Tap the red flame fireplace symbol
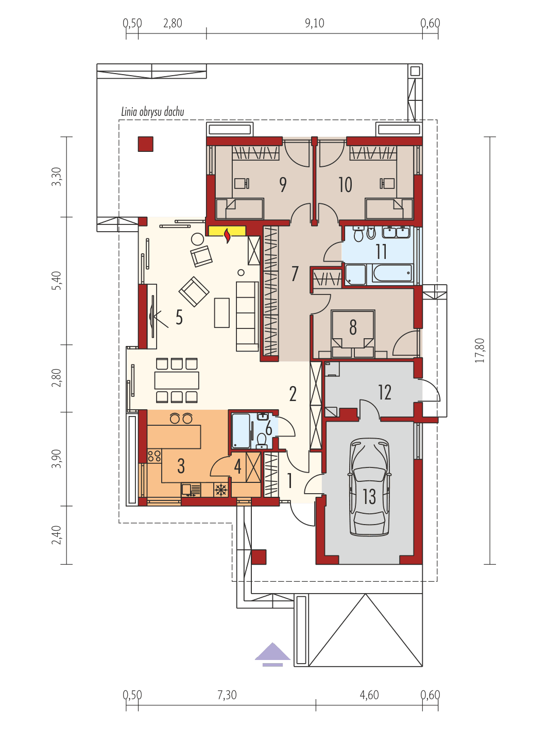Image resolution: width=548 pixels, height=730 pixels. click(x=227, y=235)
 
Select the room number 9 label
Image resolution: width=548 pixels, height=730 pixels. click(x=283, y=184)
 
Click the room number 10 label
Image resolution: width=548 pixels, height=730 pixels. click(x=345, y=184)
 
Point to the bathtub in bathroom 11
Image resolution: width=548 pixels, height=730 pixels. click(x=392, y=273)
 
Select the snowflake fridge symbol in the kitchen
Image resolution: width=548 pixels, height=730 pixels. click(x=221, y=490)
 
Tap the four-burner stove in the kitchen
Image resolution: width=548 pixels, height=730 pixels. click(x=154, y=455)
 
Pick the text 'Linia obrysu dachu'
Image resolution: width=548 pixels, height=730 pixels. click(x=152, y=112)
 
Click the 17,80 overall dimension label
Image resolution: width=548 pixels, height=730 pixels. click(x=479, y=351)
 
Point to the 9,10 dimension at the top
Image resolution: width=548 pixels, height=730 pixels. click(x=314, y=23)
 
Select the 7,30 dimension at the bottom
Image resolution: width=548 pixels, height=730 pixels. click(x=227, y=695)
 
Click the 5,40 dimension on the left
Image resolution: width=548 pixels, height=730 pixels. click(x=57, y=281)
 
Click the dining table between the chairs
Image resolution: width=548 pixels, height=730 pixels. click(x=177, y=380)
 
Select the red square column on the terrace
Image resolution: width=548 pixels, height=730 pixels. click(x=146, y=144)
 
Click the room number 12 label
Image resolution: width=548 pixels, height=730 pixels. click(x=384, y=392)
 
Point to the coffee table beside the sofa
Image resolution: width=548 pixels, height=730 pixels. click(x=221, y=312)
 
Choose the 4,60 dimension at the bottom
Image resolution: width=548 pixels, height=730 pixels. click(x=369, y=695)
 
